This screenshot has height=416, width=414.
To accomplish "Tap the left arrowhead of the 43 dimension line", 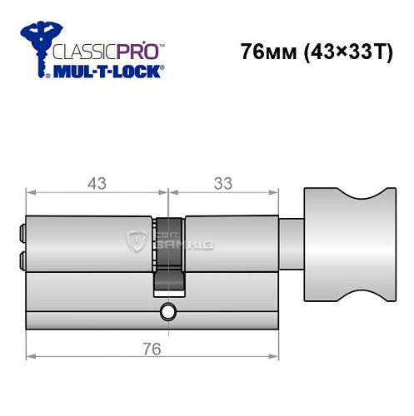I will coord(31,194).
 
